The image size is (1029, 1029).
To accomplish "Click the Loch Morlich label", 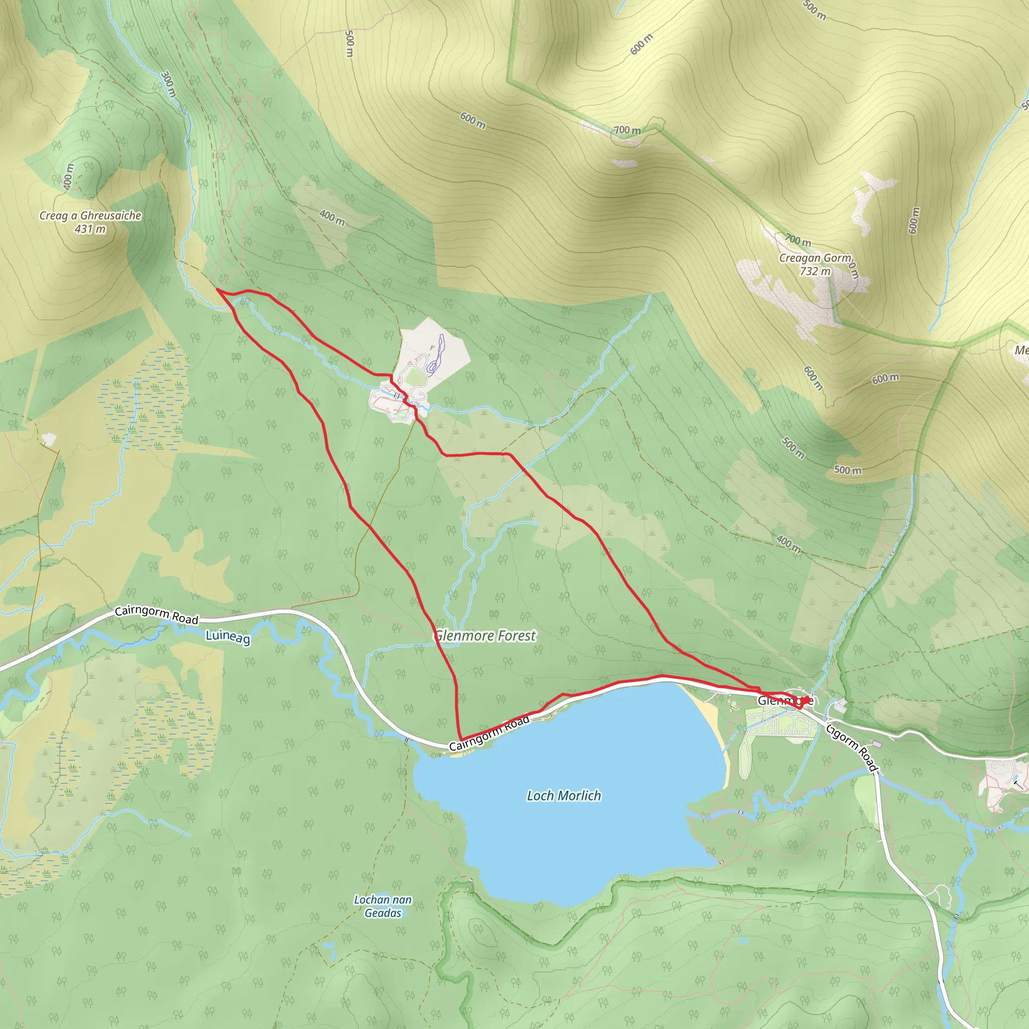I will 564,796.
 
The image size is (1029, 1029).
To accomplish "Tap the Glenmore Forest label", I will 485,636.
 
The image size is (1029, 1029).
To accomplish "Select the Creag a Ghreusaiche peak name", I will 90,216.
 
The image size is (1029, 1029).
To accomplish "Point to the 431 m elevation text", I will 90,229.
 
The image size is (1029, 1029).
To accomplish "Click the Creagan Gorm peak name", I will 815,258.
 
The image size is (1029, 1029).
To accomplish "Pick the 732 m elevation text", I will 815,271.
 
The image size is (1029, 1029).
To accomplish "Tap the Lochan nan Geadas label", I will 382,906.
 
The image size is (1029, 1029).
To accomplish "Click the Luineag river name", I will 228,637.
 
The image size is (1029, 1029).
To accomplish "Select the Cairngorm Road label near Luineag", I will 157,614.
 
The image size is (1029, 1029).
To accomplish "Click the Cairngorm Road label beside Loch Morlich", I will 489,734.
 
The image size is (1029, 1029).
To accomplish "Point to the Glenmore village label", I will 785,701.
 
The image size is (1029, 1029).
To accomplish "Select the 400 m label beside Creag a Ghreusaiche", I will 68,177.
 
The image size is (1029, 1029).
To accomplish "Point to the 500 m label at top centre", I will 349,44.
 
